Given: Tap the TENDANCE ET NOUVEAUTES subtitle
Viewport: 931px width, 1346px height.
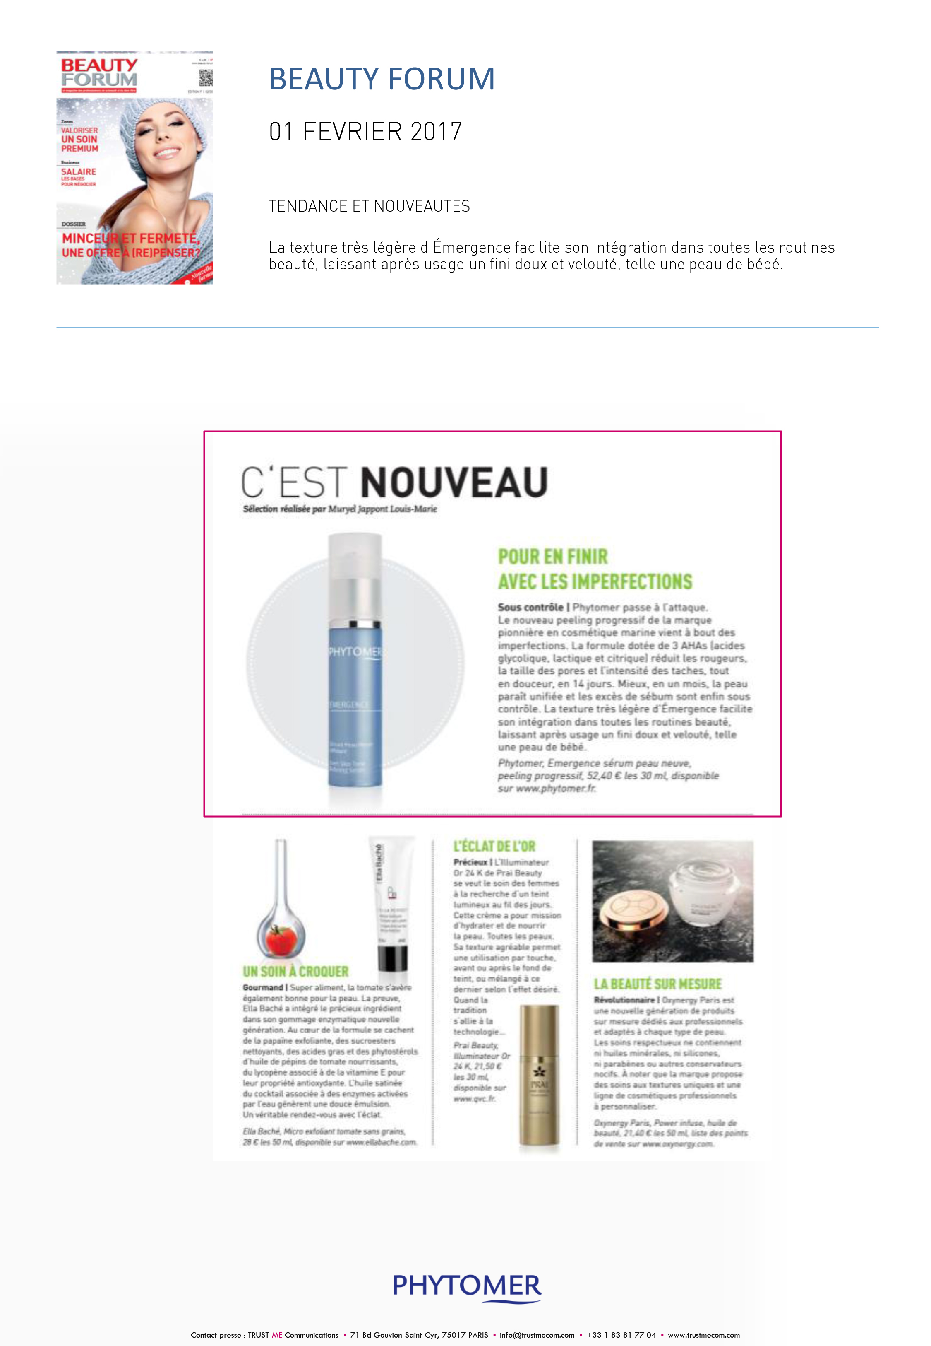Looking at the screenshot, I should tap(369, 206).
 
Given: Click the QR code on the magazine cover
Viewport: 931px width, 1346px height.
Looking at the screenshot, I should tap(205, 77).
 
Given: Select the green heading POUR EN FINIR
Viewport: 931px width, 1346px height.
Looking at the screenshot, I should tap(552, 556).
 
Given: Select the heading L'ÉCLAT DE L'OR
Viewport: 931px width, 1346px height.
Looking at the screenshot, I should tap(494, 846).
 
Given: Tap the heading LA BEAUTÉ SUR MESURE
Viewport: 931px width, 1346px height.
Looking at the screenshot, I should tap(657, 984).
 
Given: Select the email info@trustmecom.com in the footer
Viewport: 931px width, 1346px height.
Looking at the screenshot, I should tap(537, 1334).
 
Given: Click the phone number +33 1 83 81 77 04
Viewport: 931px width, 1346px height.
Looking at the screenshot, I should tap(621, 1334).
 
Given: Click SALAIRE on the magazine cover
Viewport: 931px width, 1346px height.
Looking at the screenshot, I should tap(79, 171).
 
